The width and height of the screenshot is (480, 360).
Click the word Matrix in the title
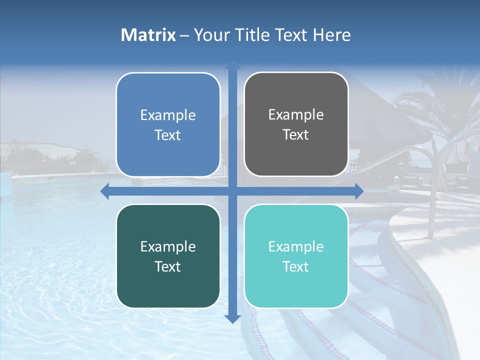click(x=148, y=35)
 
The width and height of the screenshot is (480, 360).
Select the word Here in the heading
click(x=332, y=35)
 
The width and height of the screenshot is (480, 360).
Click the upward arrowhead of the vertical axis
click(x=232, y=64)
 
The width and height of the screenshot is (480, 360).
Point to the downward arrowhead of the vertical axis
click(x=232, y=318)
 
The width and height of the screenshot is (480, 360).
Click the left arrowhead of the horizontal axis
click(x=105, y=191)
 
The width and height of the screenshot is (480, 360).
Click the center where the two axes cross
click(x=232, y=191)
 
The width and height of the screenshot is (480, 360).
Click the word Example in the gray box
click(x=296, y=115)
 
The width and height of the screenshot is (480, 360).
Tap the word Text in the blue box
click(x=168, y=135)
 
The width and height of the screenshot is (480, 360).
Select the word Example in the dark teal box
click(x=168, y=246)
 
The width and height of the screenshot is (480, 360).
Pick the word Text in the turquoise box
click(x=296, y=267)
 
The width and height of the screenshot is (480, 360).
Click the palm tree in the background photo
click(x=440, y=105)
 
